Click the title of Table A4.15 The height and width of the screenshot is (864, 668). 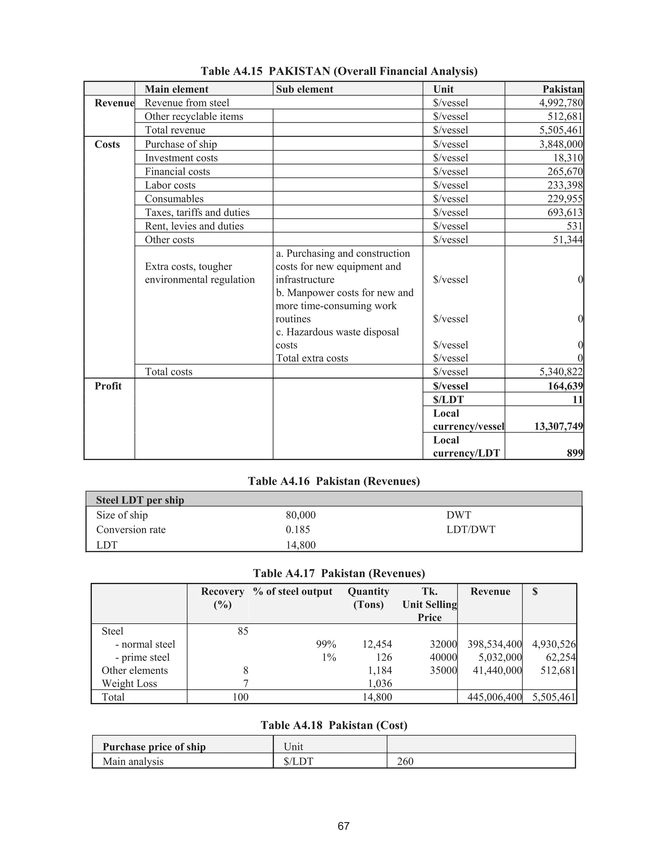coord(339,71)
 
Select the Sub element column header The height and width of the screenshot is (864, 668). coord(304,89)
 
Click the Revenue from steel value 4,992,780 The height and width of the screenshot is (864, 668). coord(560,103)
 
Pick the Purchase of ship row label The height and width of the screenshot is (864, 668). coord(180,144)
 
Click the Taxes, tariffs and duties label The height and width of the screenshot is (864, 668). coord(197,213)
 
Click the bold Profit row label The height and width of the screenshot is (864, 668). coord(108,386)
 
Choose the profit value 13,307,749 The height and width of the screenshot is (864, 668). coord(558,426)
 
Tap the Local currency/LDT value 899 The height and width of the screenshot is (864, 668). coord(575,453)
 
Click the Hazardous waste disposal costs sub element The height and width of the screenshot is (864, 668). coord(337,338)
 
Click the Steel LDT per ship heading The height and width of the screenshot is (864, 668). coord(140,500)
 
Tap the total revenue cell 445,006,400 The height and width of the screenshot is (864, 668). coord(494,697)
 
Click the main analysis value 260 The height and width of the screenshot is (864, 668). coord(405,761)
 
